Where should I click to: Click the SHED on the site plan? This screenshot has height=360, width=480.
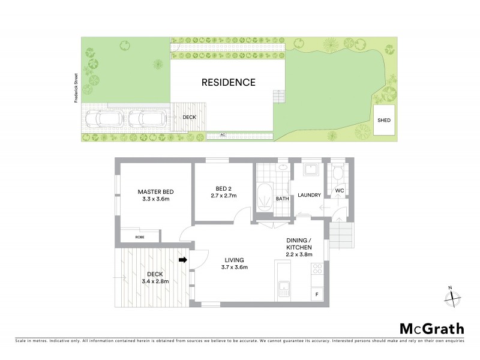point(384,121)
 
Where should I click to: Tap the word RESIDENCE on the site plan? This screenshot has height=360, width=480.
point(228,83)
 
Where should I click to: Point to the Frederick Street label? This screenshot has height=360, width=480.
point(76,89)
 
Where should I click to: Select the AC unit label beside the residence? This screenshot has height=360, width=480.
point(223,135)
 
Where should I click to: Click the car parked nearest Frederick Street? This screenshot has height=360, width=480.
point(106,119)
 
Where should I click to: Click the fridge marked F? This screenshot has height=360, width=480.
point(316,295)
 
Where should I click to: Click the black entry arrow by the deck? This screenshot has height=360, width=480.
point(184,260)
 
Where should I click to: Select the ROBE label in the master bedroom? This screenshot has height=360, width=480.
point(139,237)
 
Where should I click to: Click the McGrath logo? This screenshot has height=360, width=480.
point(431,328)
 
